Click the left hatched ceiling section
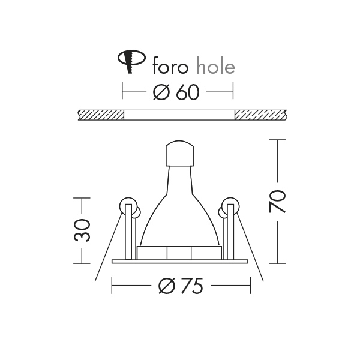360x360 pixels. click(101, 114)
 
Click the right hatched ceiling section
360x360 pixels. click(260, 114)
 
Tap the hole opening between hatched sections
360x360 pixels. click(179, 114)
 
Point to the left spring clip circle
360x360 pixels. click(127, 206)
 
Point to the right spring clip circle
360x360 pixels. click(230, 206)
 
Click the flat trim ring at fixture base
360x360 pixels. click(180, 261)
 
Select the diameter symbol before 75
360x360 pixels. click(166, 287)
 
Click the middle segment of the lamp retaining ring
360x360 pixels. click(180, 253)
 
